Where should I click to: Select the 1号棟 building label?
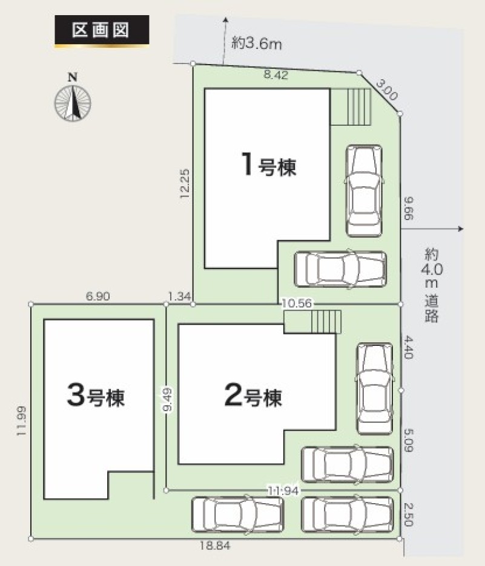[x=269, y=165]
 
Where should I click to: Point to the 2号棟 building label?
[x=253, y=396]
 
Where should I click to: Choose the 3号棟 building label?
[x=96, y=396]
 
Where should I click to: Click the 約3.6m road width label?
[x=257, y=44]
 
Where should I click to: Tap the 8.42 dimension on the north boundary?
[x=275, y=75]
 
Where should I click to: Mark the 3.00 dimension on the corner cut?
[x=387, y=90]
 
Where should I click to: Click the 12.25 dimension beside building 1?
[x=185, y=183]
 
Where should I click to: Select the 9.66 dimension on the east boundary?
[x=408, y=208]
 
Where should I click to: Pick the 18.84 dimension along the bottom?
[x=215, y=545]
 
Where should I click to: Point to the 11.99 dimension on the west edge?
[x=21, y=420]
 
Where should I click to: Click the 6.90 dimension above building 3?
[x=98, y=296]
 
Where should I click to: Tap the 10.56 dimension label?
[x=296, y=303]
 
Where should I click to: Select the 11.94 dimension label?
[x=283, y=490]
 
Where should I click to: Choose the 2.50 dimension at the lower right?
[x=407, y=515]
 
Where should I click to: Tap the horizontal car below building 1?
[x=340, y=269]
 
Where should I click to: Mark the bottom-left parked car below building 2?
[x=237, y=515]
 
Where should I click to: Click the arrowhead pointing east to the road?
[x=460, y=229]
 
